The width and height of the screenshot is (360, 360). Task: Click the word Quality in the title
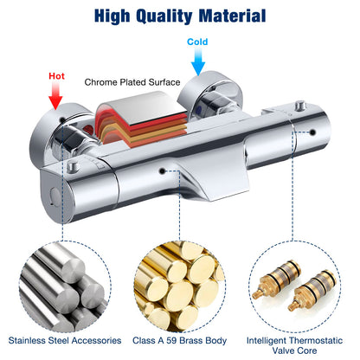point(164,16)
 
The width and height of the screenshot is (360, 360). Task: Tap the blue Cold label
point(197,42)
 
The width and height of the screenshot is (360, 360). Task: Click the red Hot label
point(56,76)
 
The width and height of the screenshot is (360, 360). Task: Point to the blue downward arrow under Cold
point(198,61)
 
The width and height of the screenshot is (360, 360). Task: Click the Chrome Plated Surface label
point(132,82)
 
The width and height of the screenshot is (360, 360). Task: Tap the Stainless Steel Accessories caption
point(65,340)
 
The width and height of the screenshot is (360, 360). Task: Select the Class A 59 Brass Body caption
point(179,340)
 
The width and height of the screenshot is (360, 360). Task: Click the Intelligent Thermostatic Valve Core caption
point(294,345)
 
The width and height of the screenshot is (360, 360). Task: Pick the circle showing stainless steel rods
point(65,286)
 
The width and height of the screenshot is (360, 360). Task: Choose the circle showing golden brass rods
point(179,286)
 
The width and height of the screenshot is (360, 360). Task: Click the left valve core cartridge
point(276,280)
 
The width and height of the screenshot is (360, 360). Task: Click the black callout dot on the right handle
point(312,132)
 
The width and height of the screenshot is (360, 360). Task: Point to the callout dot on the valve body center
point(163,171)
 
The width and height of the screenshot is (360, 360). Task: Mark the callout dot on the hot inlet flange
point(62,119)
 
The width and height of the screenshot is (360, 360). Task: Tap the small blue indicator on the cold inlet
point(199,109)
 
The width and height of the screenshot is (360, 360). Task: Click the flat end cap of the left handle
point(55,197)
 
